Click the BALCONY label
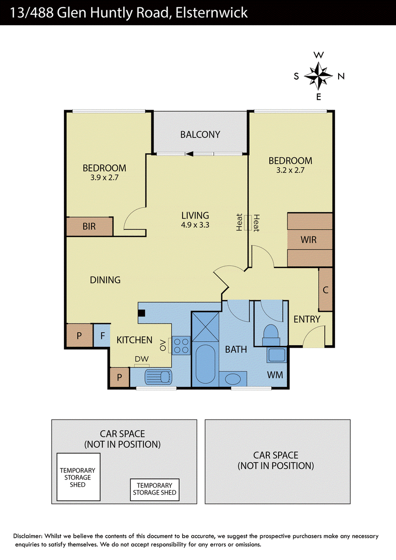point(200,135)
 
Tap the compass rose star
point(318,76)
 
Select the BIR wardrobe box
point(90,227)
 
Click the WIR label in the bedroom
point(308,239)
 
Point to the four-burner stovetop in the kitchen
point(181,345)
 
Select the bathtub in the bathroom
point(205,364)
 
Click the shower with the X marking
point(205,327)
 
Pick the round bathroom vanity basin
point(233,378)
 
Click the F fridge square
point(102,335)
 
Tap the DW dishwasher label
point(142,359)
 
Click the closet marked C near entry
point(326,289)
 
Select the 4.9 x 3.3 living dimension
point(195,225)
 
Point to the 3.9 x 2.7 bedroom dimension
point(104,178)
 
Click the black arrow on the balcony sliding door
point(190,154)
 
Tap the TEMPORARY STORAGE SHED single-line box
point(155,489)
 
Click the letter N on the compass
point(341,76)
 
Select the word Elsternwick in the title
point(211,13)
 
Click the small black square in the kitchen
point(142,313)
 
